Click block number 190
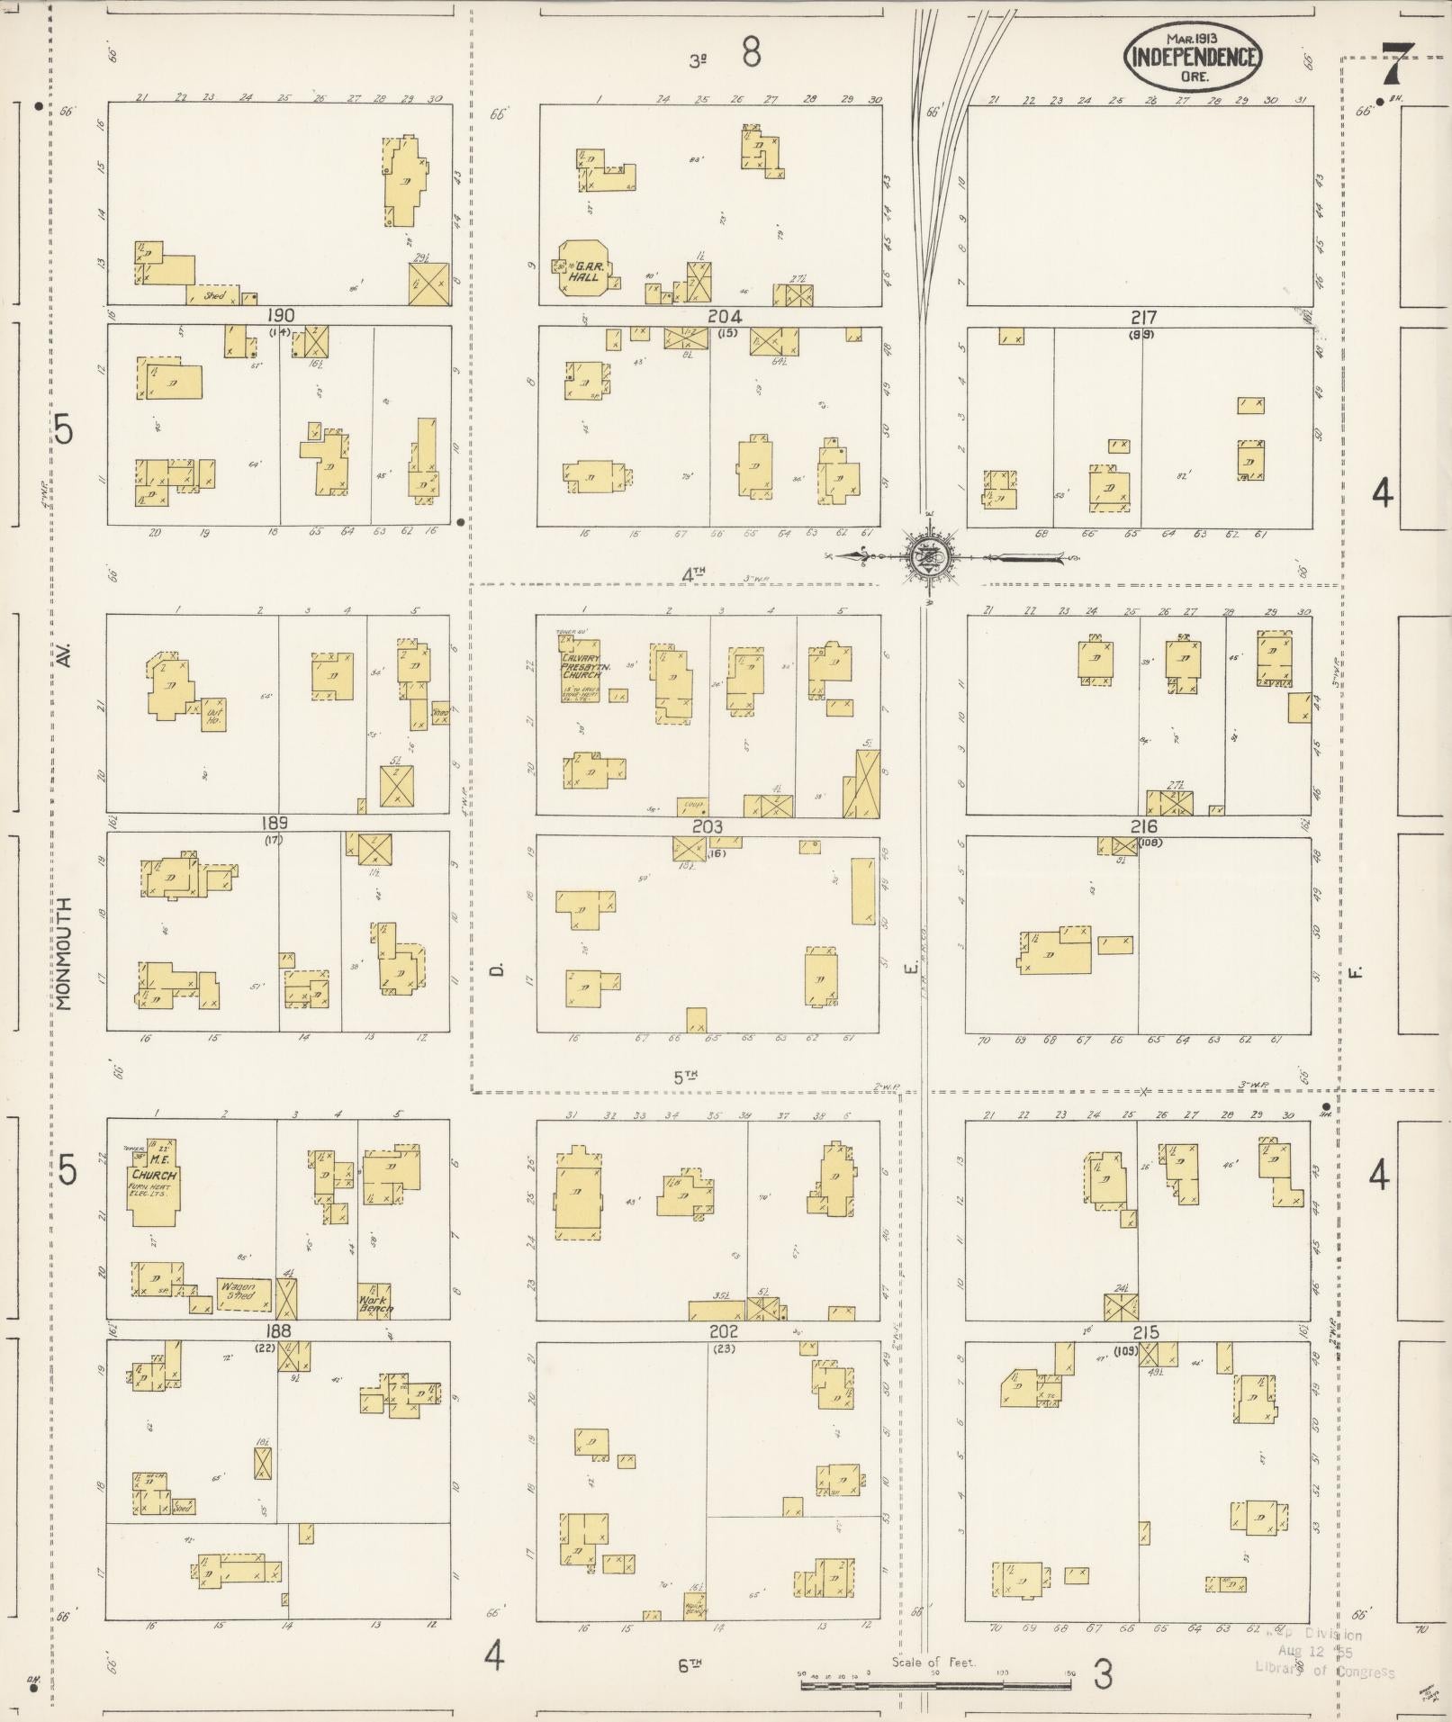(281, 315)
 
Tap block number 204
(724, 316)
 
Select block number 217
(1143, 318)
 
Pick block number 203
(707, 826)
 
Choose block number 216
(1144, 826)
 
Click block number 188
(278, 1331)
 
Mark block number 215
(1145, 1332)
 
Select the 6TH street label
(690, 1666)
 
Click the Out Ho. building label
(212, 713)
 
